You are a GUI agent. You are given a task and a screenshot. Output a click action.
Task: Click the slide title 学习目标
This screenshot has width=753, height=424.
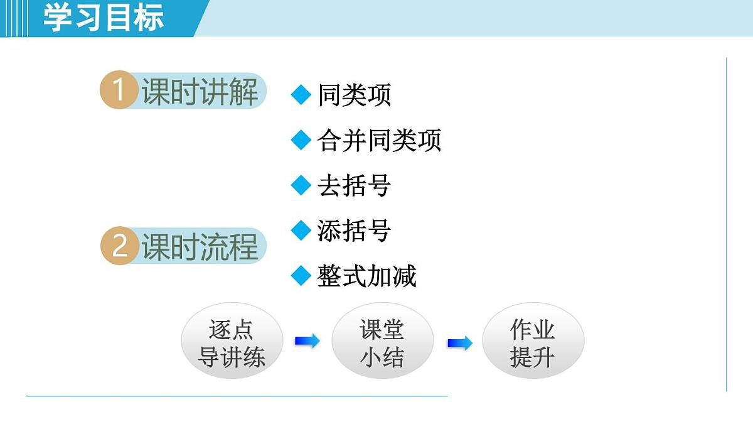[x=104, y=18]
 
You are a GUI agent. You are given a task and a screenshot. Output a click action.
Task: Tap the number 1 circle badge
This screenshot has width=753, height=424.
[x=119, y=91]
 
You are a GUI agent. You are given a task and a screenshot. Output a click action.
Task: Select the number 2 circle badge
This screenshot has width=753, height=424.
[x=119, y=246]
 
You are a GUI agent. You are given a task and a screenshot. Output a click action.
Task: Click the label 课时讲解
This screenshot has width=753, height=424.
[x=200, y=92]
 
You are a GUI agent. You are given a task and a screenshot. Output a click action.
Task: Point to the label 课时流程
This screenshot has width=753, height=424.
[x=200, y=246]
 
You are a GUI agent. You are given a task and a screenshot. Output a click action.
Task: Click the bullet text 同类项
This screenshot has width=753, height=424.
[x=355, y=95]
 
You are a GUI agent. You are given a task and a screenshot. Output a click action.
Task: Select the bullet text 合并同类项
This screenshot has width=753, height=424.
[x=379, y=141]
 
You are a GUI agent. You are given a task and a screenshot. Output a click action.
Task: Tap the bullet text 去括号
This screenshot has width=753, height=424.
[x=355, y=186]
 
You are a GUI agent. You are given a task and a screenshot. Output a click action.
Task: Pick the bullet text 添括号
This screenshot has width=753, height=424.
[x=355, y=231]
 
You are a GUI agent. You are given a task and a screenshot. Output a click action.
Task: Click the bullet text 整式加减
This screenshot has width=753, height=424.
[x=367, y=276]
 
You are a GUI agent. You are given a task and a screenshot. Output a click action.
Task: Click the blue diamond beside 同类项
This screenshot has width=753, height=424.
[x=301, y=95]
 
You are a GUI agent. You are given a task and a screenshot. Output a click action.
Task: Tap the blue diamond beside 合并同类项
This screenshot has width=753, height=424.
[x=301, y=140]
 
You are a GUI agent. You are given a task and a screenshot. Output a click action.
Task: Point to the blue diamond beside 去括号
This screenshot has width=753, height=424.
[x=301, y=185]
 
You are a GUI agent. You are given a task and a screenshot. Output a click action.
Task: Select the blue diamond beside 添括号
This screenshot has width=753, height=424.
[x=301, y=231]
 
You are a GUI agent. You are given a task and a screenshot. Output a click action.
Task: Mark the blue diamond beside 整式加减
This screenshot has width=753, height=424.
[x=301, y=276]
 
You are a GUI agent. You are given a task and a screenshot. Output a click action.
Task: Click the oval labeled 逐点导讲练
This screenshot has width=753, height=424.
[x=232, y=342]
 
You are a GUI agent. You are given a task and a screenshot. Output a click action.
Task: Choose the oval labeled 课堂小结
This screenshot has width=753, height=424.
[x=382, y=342]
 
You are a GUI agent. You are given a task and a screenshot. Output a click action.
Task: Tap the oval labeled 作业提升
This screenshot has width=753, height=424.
[x=533, y=342]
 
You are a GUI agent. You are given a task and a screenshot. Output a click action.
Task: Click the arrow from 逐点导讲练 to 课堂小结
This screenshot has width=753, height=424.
[x=307, y=341]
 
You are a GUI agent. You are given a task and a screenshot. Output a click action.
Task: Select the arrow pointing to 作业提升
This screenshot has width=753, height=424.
[x=459, y=344]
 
